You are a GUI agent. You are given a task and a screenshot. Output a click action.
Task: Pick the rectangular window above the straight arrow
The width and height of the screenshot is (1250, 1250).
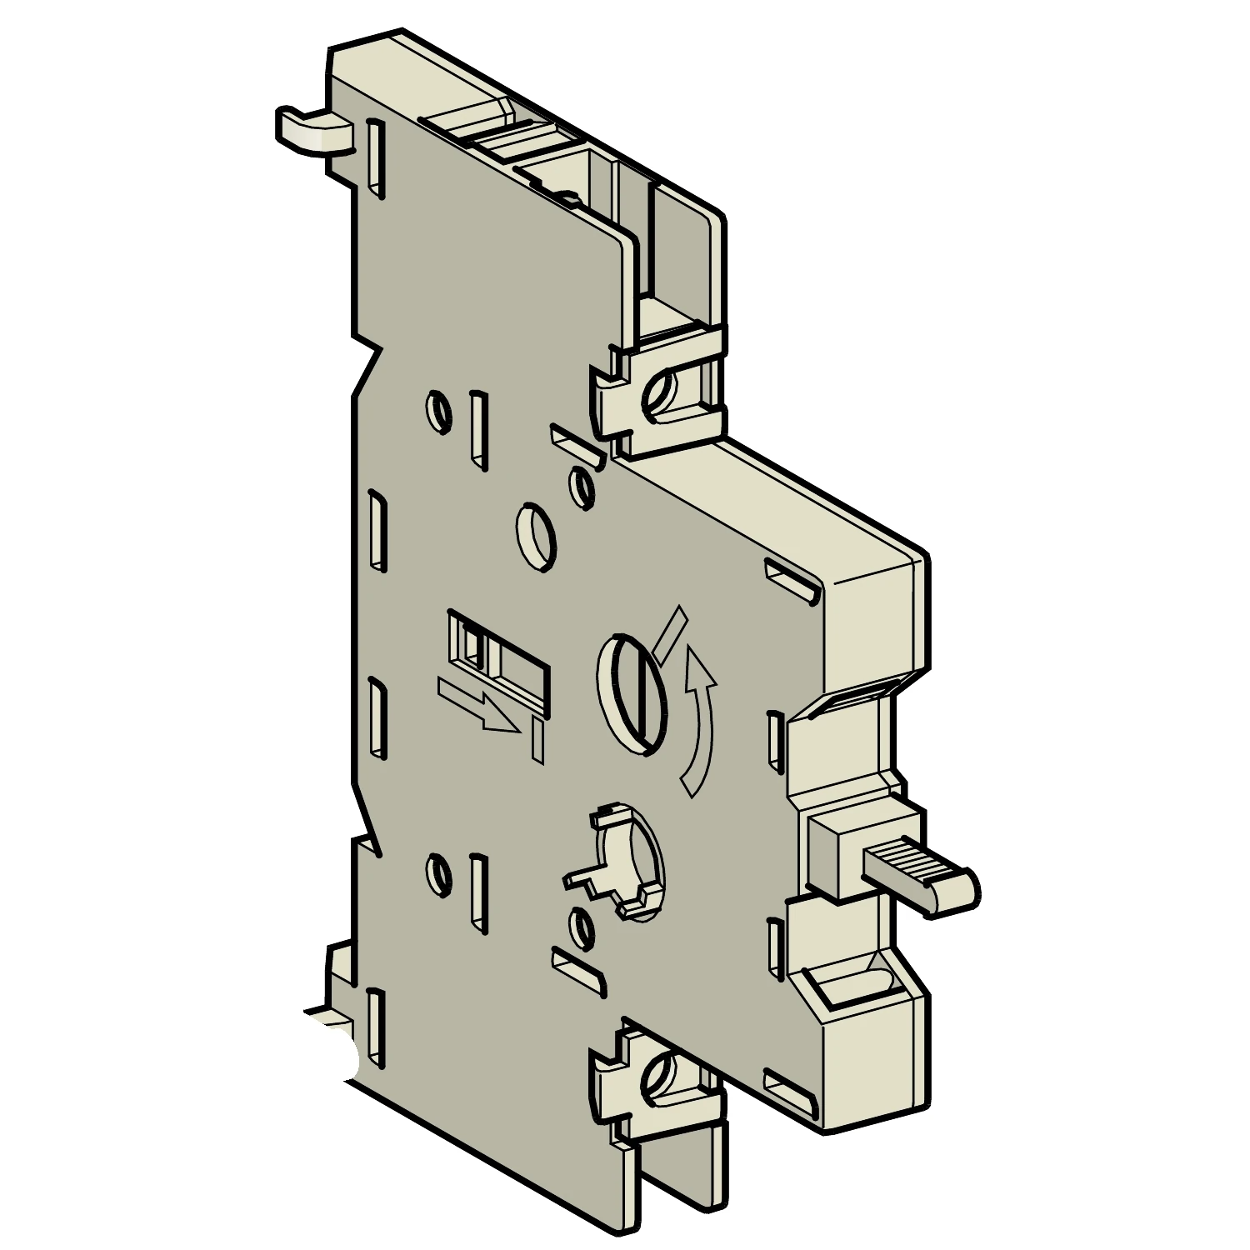click(x=498, y=658)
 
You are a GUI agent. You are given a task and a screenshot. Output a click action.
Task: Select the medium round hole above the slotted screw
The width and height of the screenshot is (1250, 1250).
click(x=535, y=535)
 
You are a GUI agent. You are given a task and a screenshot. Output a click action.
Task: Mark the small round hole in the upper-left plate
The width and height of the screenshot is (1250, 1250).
click(x=438, y=411)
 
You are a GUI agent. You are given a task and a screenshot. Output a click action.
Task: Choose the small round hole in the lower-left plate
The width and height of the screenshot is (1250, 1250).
click(x=438, y=873)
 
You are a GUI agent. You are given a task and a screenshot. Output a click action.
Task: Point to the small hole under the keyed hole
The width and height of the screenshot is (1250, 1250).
click(x=582, y=927)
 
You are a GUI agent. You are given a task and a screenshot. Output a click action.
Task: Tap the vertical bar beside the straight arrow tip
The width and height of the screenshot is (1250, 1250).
click(x=537, y=742)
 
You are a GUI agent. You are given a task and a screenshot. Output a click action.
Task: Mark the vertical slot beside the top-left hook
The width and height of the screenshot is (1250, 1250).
click(x=376, y=158)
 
